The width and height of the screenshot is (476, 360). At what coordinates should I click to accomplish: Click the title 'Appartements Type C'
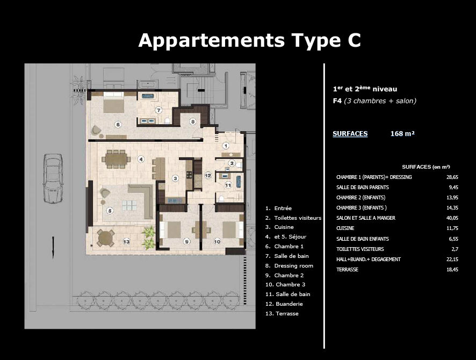point(250,40)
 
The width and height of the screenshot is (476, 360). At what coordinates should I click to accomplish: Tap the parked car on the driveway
point(53,179)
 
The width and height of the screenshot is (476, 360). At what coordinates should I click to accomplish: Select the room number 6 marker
point(117,124)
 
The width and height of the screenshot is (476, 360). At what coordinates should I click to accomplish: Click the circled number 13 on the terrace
point(126,242)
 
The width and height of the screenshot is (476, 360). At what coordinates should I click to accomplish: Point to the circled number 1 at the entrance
point(226,146)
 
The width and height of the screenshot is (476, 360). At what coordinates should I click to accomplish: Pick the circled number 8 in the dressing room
point(193,122)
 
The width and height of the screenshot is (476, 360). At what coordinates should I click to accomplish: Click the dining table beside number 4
point(117,159)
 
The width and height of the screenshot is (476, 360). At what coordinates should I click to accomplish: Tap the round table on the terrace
point(105,237)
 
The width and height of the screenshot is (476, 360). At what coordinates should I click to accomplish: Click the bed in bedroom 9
point(174,230)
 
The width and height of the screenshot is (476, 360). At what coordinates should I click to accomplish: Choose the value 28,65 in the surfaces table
point(452,177)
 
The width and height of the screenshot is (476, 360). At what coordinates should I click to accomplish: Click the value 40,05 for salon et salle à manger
point(452,218)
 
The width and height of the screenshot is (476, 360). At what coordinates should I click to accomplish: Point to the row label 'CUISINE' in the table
point(346,228)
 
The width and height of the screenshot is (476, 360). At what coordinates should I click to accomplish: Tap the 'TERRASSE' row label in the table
point(347,269)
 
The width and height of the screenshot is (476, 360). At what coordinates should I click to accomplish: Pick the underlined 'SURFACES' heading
point(350,134)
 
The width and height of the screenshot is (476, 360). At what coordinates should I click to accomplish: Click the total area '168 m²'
point(402,134)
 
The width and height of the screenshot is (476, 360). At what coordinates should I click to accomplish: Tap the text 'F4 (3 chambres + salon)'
point(374,100)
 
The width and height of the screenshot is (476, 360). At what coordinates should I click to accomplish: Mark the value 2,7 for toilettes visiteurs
point(454,249)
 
